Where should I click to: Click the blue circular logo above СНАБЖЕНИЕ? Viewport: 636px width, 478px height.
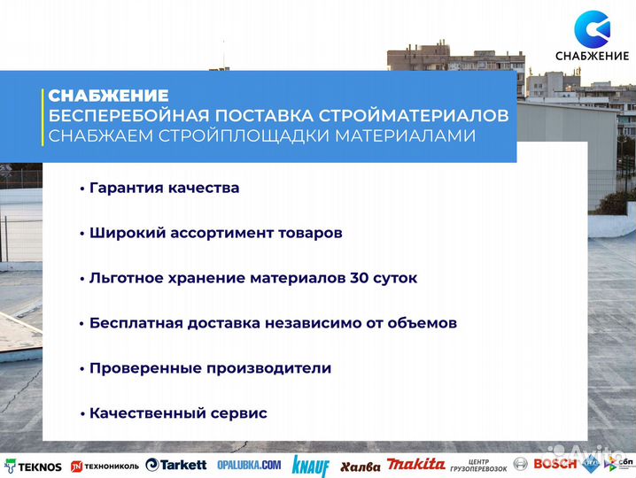pyautogui.click(x=592, y=28)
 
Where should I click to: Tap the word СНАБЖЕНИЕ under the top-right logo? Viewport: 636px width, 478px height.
pyautogui.click(x=592, y=58)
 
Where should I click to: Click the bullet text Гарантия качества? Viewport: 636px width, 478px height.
pyautogui.click(x=164, y=188)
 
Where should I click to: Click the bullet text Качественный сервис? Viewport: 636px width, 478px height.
pyautogui.click(x=177, y=412)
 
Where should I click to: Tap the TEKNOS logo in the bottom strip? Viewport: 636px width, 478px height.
pyautogui.click(x=34, y=466)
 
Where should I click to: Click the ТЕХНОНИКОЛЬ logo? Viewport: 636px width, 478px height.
pyautogui.click(x=105, y=466)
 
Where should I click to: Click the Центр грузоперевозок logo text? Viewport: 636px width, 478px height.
pyautogui.click(x=478, y=465)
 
